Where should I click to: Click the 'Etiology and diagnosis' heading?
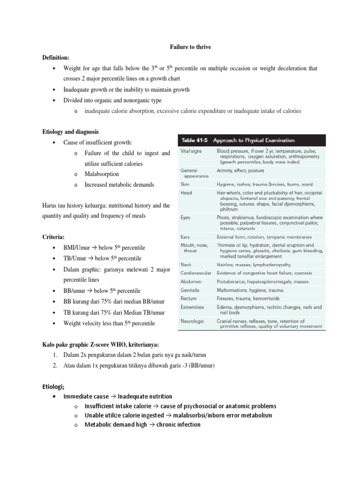[x=70, y=132]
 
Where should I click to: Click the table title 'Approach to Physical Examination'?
[x=254, y=140]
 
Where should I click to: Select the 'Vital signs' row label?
[x=192, y=151]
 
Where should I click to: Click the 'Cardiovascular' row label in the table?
[x=196, y=273]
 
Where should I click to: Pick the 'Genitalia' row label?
[x=191, y=290]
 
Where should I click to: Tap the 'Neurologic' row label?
[x=192, y=321]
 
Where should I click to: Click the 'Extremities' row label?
[x=192, y=307]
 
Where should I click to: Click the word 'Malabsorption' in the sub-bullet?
[x=102, y=174]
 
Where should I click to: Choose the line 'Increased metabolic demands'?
[x=119, y=184]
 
